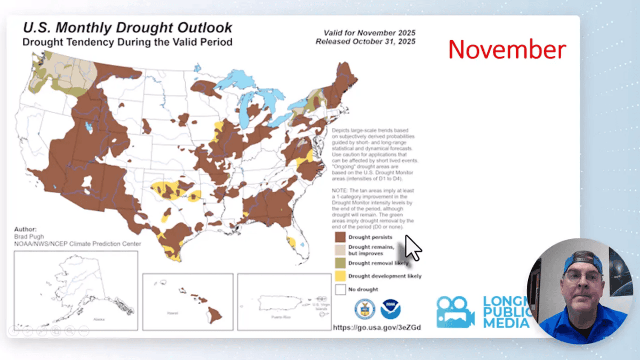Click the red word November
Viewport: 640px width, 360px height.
pos(507,50)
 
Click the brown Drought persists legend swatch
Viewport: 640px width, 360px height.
pos(340,237)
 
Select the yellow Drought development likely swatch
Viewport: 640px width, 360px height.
pos(340,276)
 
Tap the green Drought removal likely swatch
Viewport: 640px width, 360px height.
pos(340,263)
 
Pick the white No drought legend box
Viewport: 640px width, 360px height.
pos(340,289)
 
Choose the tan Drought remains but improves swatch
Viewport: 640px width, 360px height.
pos(340,250)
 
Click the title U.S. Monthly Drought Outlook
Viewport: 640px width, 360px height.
pos(127,28)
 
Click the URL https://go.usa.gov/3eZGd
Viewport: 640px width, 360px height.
pos(377,327)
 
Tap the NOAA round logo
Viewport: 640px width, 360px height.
pos(391,309)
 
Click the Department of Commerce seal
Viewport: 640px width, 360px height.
pos(365,309)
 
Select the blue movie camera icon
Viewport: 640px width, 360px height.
pos(455,312)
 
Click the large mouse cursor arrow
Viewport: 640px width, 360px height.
pos(413,248)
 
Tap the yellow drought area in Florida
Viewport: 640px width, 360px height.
pos(292,242)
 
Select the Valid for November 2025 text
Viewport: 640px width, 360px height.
pos(369,33)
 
